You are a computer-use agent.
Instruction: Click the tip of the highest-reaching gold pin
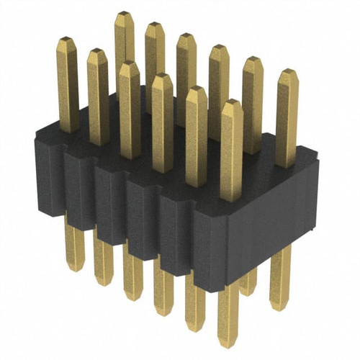click(124, 15)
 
